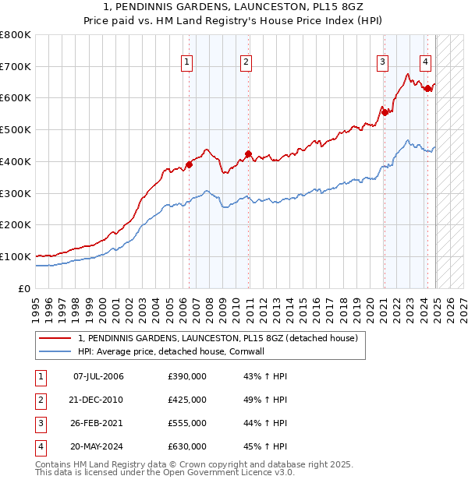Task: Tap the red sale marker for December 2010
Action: tap(248, 153)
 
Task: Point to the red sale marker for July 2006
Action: tap(189, 164)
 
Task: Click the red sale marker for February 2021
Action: tap(385, 112)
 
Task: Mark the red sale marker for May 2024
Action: tap(427, 89)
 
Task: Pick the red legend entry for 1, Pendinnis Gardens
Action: tap(218, 338)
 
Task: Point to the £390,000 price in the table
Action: tap(187, 376)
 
